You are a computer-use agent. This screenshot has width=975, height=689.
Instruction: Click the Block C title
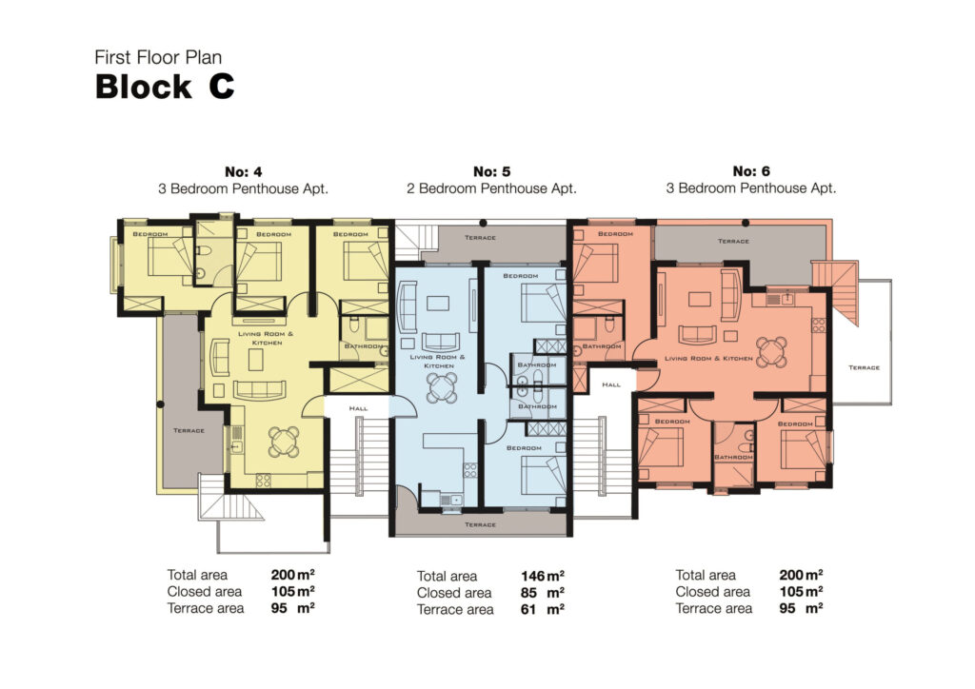(164, 87)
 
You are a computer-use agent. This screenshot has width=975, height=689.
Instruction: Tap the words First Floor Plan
(158, 58)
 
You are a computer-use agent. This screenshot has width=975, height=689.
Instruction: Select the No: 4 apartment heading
(243, 172)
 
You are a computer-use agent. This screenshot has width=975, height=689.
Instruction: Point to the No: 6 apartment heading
(751, 172)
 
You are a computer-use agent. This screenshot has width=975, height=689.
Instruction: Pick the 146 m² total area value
(542, 576)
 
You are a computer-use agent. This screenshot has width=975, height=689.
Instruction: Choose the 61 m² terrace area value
(542, 609)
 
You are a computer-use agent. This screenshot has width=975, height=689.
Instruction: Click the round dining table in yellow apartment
(283, 440)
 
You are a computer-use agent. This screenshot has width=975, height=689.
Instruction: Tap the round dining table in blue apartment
(441, 386)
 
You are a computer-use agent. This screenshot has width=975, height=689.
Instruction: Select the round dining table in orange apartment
(771, 349)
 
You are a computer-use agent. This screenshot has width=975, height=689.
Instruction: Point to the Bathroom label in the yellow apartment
(363, 346)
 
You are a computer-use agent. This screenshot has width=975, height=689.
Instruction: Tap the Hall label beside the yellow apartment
(358, 407)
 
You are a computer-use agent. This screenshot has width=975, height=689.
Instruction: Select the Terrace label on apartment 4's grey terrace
(189, 430)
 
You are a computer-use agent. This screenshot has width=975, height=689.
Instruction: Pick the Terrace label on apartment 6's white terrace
(865, 367)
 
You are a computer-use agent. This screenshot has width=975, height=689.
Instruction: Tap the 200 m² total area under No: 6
(801, 575)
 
